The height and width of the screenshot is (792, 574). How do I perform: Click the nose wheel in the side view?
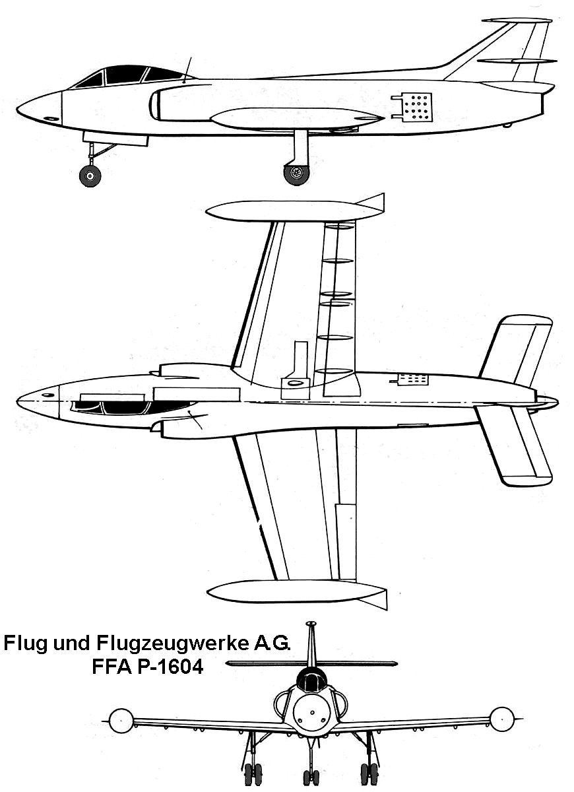(x=90, y=176)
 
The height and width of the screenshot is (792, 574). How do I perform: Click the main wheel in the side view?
(x=296, y=174)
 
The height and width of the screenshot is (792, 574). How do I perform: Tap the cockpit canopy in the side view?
(x=129, y=75)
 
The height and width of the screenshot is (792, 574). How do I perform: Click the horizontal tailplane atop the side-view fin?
(x=517, y=20)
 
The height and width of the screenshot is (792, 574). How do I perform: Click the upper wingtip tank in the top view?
(x=290, y=211)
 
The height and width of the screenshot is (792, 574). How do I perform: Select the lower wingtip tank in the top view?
(x=290, y=591)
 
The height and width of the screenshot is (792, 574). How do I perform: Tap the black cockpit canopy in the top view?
(x=132, y=407)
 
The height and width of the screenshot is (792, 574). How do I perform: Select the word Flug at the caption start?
(x=25, y=643)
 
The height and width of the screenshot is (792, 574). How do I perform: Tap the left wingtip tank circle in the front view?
(x=121, y=720)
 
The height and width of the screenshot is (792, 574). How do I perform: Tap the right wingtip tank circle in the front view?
(x=501, y=719)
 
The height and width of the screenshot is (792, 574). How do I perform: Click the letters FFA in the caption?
(x=108, y=667)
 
